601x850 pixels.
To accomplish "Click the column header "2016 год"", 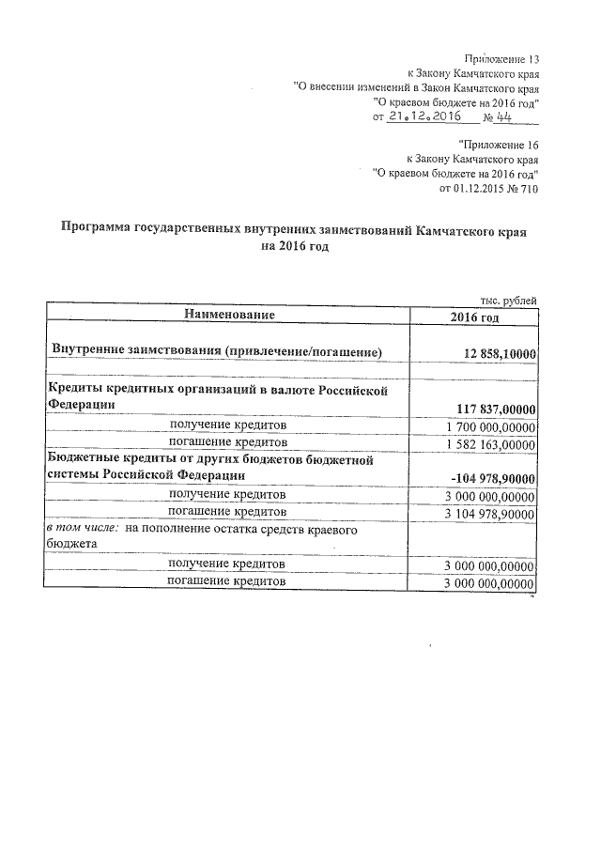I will coord(474,316).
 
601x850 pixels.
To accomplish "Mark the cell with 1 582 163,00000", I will coord(488,442).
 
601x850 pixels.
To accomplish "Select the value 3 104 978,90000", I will coord(488,514).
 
